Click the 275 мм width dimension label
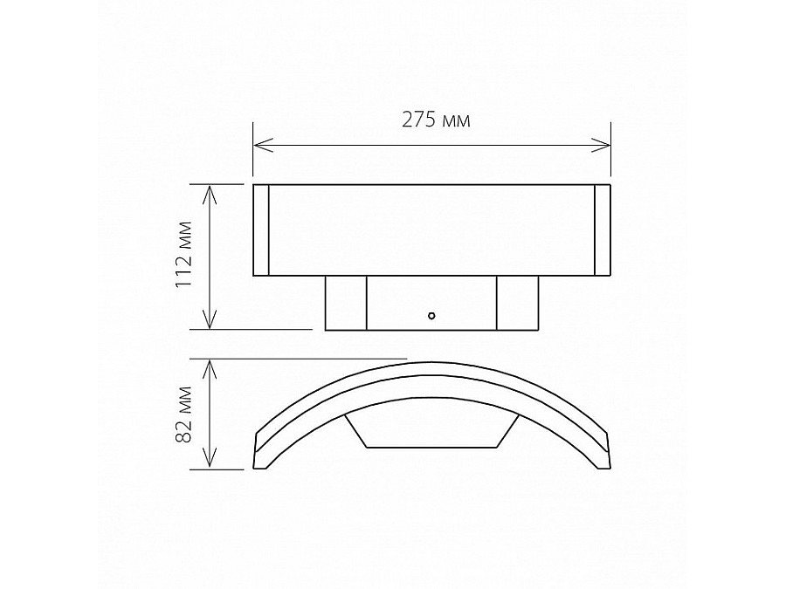pos(436,121)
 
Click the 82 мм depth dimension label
pos(183,414)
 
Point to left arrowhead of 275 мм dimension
pos(259,144)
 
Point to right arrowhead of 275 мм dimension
pos(603,144)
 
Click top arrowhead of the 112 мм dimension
pos(210,191)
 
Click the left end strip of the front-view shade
pos(261,230)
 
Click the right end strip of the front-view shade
pos(602,230)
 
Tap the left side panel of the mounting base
pos(345,303)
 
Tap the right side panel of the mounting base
pos(517,303)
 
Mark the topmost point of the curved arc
pos(431,360)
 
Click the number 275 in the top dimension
pos(419,121)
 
